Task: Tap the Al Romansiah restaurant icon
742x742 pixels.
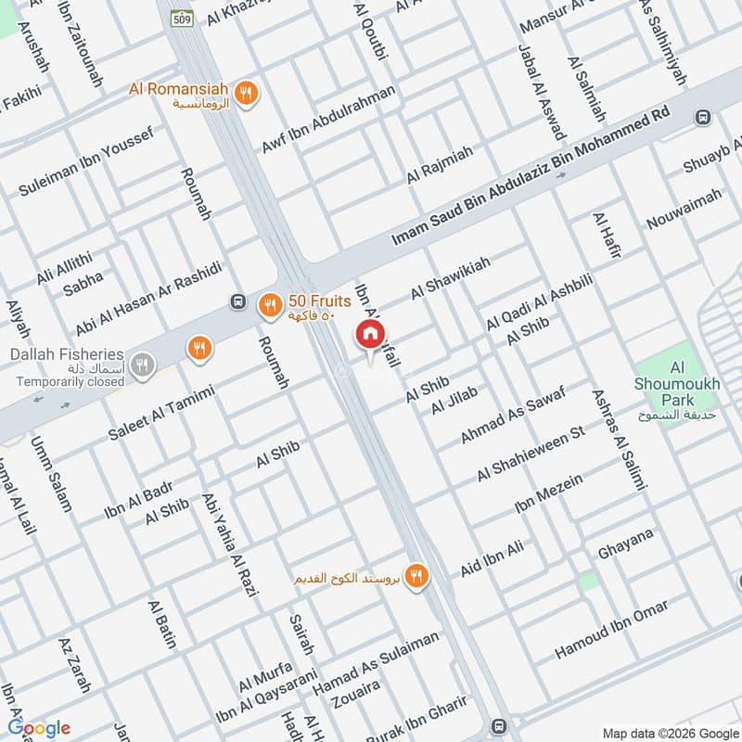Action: [x=246, y=92]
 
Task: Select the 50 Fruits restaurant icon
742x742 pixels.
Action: [x=269, y=303]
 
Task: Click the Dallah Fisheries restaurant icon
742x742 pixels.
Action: [x=141, y=363]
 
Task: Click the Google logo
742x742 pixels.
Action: [x=39, y=728]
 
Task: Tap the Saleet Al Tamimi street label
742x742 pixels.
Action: [x=161, y=414]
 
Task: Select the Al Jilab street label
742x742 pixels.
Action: [x=454, y=402]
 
